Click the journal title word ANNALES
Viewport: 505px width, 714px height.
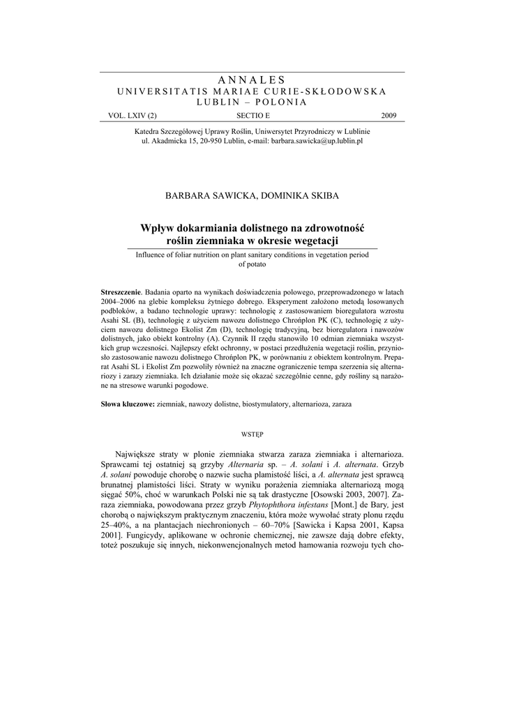click(x=252, y=80)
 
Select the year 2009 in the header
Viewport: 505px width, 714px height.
click(x=389, y=115)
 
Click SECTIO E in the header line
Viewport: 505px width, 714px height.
click(x=252, y=115)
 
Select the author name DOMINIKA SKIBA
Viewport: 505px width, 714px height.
click(x=299, y=196)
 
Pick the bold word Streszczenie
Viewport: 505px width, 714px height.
click(x=121, y=291)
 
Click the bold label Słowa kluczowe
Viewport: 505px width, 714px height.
click(x=128, y=404)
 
